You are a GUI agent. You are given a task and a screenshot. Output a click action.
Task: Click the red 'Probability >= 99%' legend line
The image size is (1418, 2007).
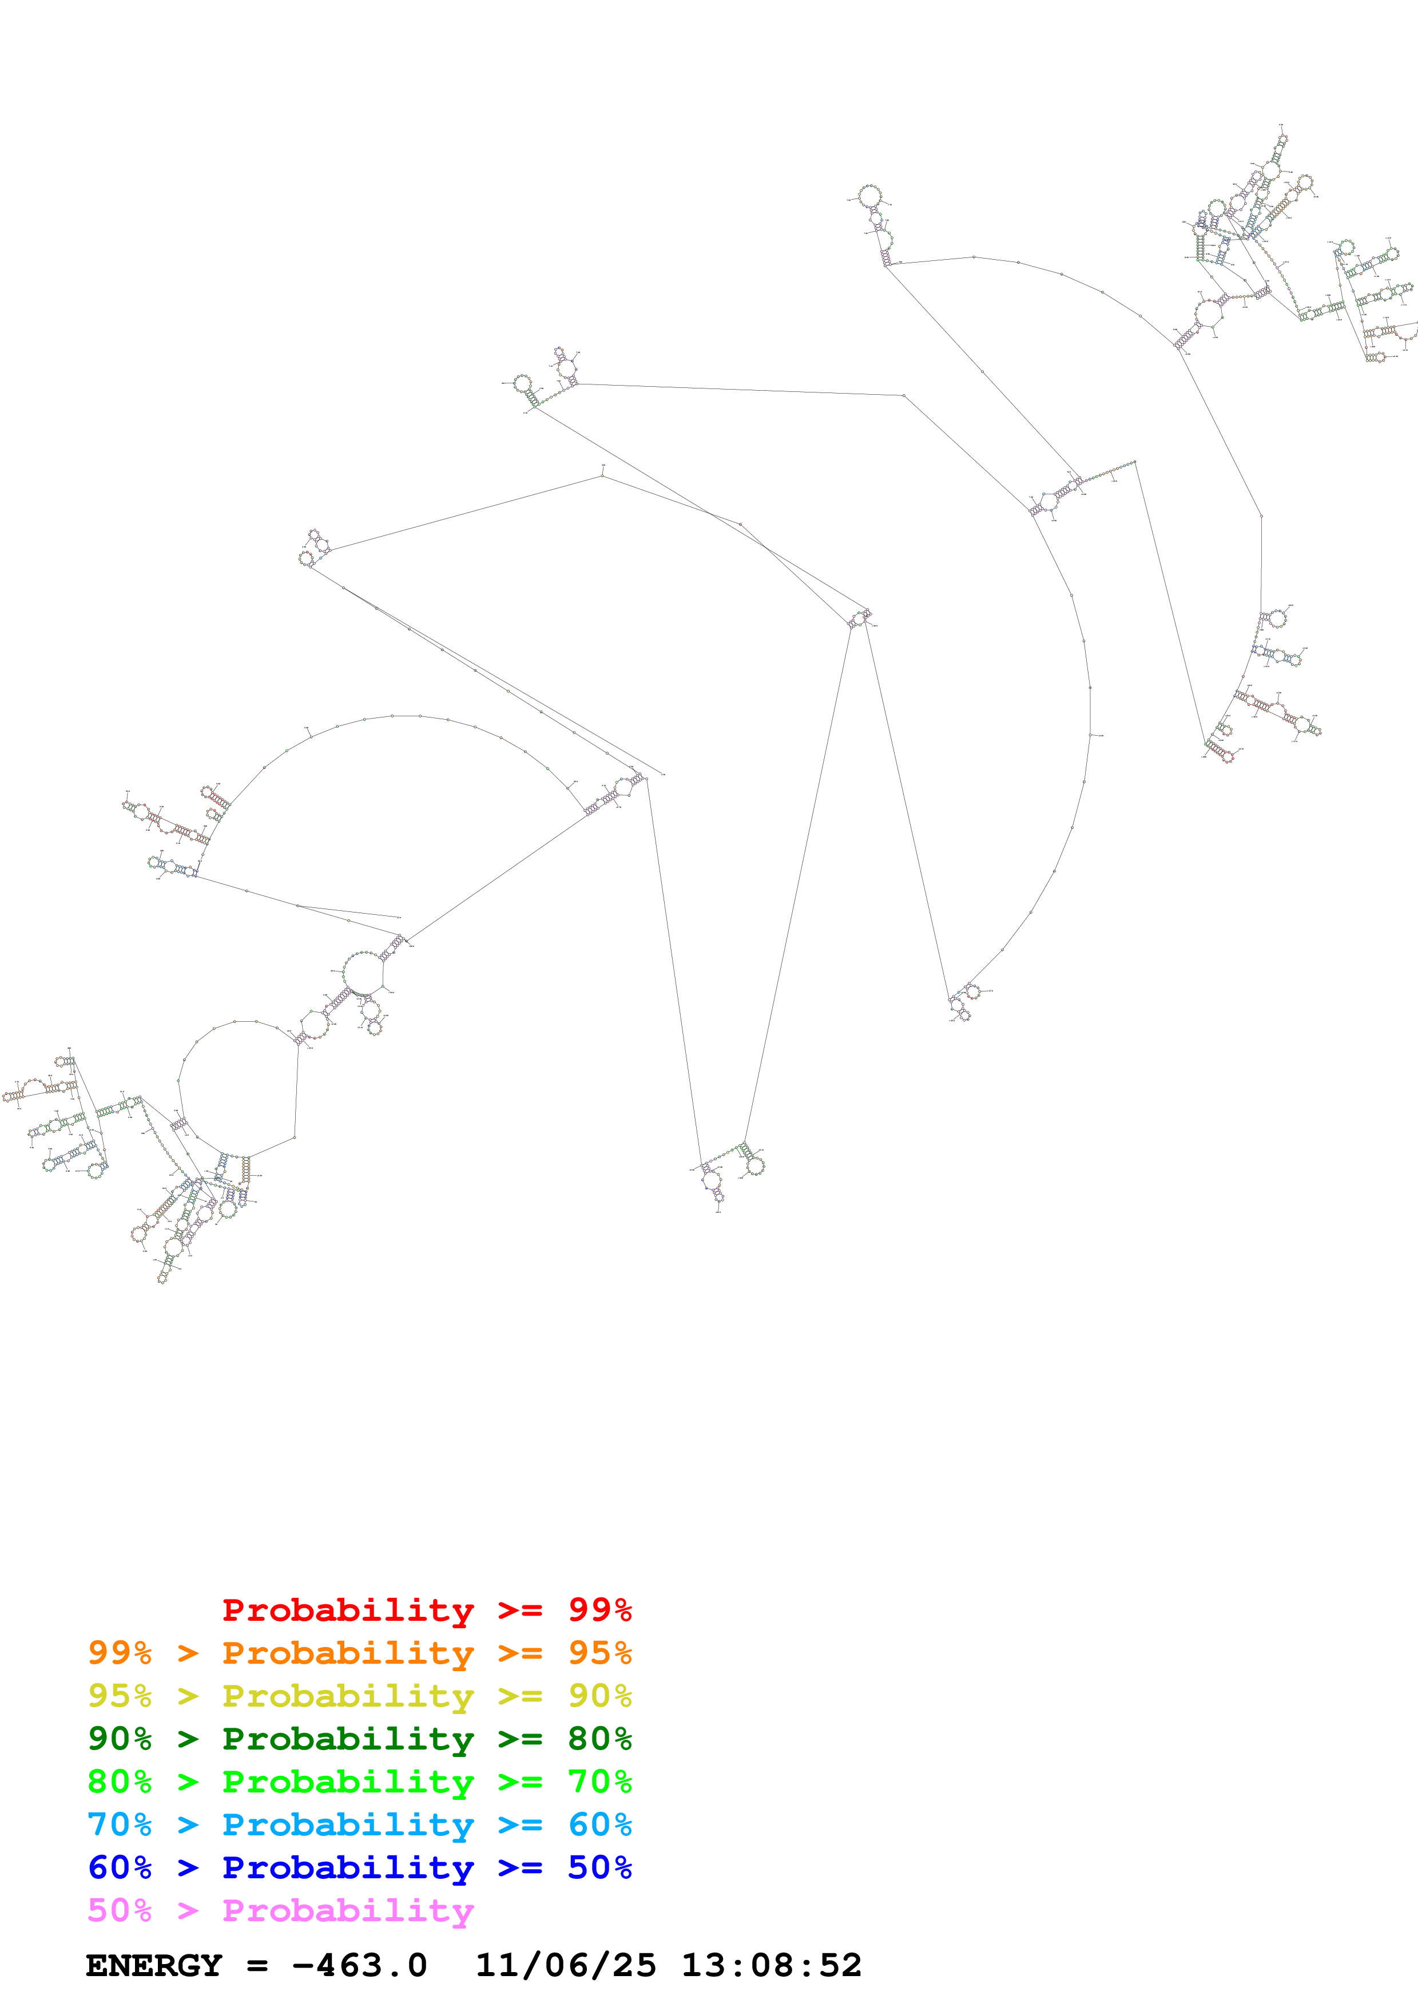[x=426, y=1610]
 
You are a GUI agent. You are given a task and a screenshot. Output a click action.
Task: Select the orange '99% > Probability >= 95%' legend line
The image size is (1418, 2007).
[x=359, y=1653]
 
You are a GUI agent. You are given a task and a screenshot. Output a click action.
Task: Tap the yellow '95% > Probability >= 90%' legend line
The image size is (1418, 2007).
[x=359, y=1696]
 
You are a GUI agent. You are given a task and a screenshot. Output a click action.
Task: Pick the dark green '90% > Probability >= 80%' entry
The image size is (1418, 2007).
[x=359, y=1739]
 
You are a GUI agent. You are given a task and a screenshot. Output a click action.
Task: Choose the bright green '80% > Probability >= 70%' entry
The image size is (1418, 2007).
[x=359, y=1782]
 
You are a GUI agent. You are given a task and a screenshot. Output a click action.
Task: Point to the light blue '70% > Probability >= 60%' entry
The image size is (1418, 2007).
[x=359, y=1824]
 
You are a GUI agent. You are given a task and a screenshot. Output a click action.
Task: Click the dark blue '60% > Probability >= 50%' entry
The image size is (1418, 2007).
[x=359, y=1867]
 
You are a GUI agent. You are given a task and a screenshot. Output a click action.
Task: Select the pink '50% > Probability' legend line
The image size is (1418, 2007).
[x=280, y=1910]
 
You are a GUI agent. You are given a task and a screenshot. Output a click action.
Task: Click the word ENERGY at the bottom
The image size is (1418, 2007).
[x=154, y=1965]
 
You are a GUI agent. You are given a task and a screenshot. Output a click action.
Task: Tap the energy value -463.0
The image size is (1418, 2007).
[x=360, y=1965]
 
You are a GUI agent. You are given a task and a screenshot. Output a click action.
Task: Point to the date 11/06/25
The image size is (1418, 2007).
[x=565, y=1965]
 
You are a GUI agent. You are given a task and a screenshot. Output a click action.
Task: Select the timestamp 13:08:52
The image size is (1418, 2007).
[x=770, y=1965]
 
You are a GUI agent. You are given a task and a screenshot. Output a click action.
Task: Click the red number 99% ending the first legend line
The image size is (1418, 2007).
[x=599, y=1610]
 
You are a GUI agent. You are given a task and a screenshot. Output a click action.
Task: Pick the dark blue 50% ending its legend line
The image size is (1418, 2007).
[x=599, y=1867]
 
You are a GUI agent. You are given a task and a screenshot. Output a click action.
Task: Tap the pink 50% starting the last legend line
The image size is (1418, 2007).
[x=120, y=1910]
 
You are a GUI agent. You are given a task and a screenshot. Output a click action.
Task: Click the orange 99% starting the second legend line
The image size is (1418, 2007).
[x=120, y=1653]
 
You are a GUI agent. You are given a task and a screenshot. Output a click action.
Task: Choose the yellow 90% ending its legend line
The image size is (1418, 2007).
[x=599, y=1696]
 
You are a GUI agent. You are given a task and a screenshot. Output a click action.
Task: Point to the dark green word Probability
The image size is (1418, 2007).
[x=348, y=1739]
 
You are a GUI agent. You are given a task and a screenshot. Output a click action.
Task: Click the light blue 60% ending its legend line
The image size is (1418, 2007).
[x=599, y=1824]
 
